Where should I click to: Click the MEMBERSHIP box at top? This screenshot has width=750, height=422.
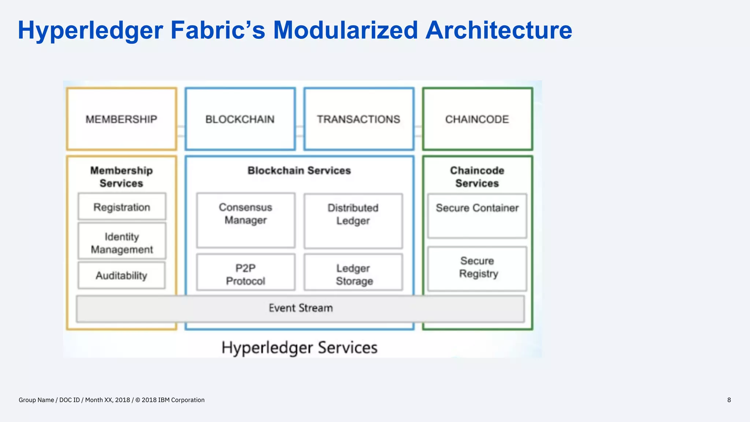click(x=122, y=119)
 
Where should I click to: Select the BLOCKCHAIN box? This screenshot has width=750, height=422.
click(x=240, y=119)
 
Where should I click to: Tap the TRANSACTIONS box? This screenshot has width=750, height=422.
click(x=359, y=119)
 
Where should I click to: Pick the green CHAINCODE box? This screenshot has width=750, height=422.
click(x=477, y=119)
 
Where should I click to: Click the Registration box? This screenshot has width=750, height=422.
click(x=122, y=207)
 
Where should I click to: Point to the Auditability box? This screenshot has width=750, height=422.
click(x=122, y=275)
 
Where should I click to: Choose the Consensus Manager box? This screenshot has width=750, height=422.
click(x=245, y=220)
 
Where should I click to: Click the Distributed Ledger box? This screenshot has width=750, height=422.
click(x=353, y=221)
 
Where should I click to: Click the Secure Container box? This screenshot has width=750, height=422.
click(x=477, y=215)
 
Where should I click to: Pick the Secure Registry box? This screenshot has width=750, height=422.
click(x=477, y=268)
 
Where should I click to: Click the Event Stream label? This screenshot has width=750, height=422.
click(x=300, y=308)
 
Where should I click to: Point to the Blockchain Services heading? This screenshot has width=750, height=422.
click(x=299, y=170)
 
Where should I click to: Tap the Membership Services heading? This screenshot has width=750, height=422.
click(x=122, y=177)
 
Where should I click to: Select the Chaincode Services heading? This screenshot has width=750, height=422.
click(x=477, y=177)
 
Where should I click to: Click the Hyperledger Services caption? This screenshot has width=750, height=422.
click(x=299, y=348)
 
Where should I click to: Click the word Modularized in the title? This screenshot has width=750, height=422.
click(x=345, y=30)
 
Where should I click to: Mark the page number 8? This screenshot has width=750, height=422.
click(x=729, y=400)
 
